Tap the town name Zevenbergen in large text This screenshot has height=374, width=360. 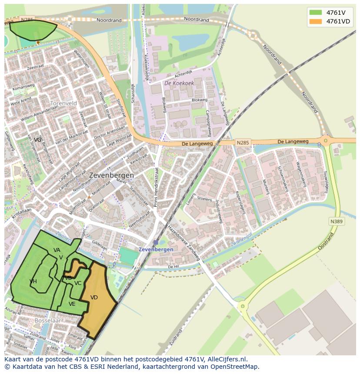coord(111,175)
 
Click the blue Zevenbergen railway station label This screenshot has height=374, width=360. coord(156,249)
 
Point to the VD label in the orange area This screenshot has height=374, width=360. coord(94,298)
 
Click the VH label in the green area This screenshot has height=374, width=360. coord(33,281)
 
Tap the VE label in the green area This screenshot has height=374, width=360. coord(72,304)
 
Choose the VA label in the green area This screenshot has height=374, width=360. coord(57,250)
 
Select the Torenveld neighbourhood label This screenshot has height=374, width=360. coord(63,103)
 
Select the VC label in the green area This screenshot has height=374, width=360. coord(78,283)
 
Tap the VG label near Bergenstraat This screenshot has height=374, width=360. coord(38,139)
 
